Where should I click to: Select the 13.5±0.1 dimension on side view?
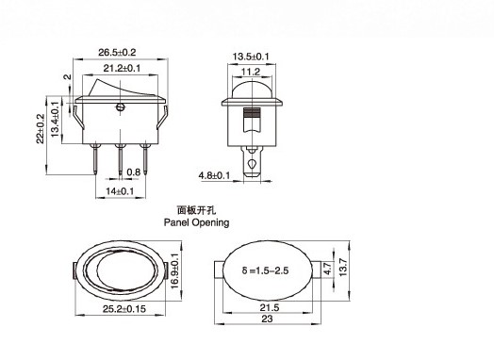click(253, 56)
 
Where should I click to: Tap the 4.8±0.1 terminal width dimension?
click(213, 175)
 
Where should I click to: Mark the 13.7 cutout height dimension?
click(343, 272)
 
